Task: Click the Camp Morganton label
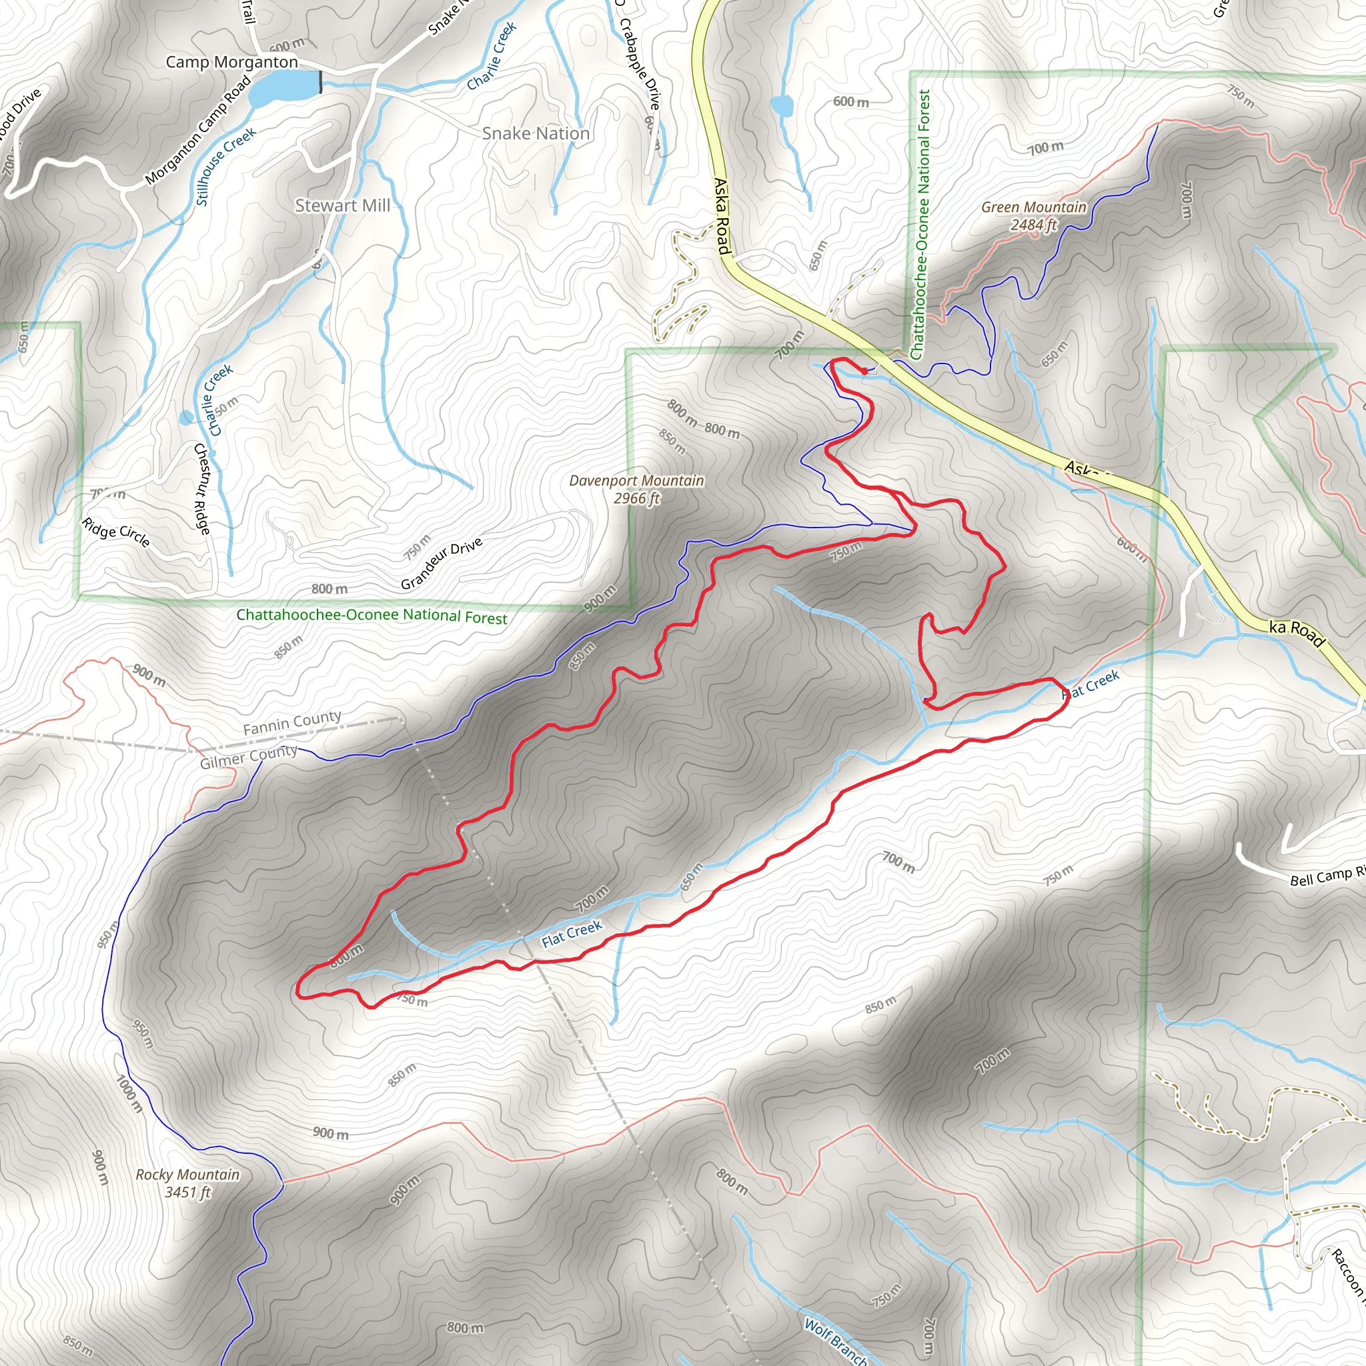(x=231, y=62)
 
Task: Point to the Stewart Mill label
(x=342, y=205)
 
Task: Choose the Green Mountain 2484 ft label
(x=1033, y=215)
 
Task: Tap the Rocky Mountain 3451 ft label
(x=187, y=1183)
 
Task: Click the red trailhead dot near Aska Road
(x=864, y=370)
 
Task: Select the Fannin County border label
(x=292, y=722)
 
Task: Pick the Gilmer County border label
(x=248, y=756)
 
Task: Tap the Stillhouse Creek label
(x=225, y=166)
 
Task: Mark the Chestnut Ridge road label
(x=202, y=488)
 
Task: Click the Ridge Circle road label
(x=116, y=532)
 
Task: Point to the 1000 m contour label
(x=129, y=1093)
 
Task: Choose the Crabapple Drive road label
(x=639, y=63)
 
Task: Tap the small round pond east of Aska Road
(x=782, y=106)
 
